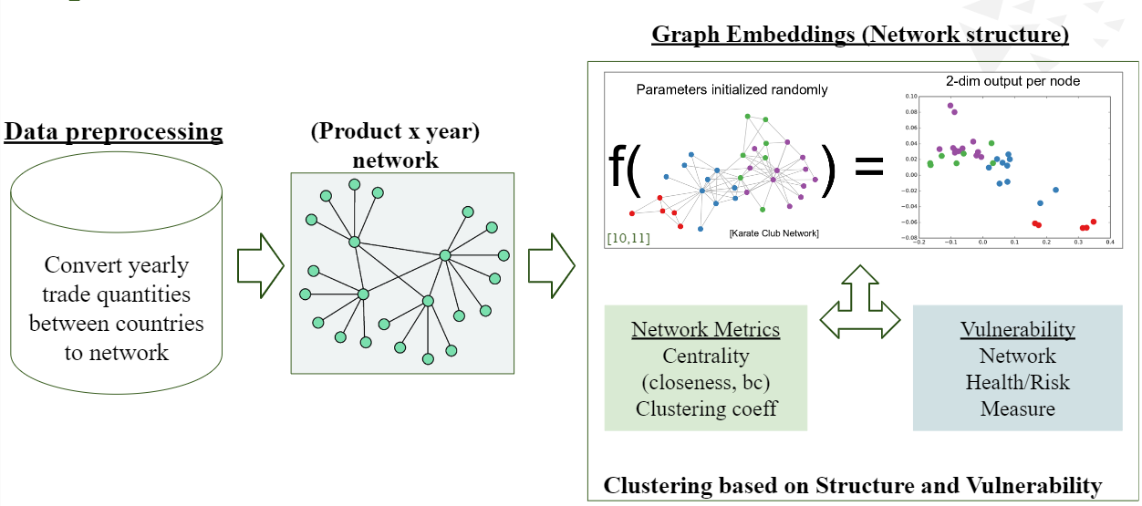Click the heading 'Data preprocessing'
click(x=114, y=132)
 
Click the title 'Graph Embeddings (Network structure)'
click(x=859, y=36)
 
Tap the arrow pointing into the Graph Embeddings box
click(x=552, y=265)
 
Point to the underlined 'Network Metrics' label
click(x=705, y=330)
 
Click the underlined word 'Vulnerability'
click(x=1017, y=330)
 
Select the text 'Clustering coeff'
click(x=706, y=408)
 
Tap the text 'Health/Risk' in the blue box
click(x=1017, y=382)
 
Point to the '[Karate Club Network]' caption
click(x=773, y=233)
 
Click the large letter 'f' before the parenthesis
click(x=623, y=168)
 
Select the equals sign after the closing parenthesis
click(x=867, y=169)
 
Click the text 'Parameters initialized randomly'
click(x=732, y=89)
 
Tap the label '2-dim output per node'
click(x=1012, y=81)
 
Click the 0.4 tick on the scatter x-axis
click(x=1109, y=243)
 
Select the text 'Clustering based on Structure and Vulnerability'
click(x=852, y=485)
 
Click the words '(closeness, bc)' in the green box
click(x=706, y=382)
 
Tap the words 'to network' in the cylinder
click(x=116, y=353)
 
